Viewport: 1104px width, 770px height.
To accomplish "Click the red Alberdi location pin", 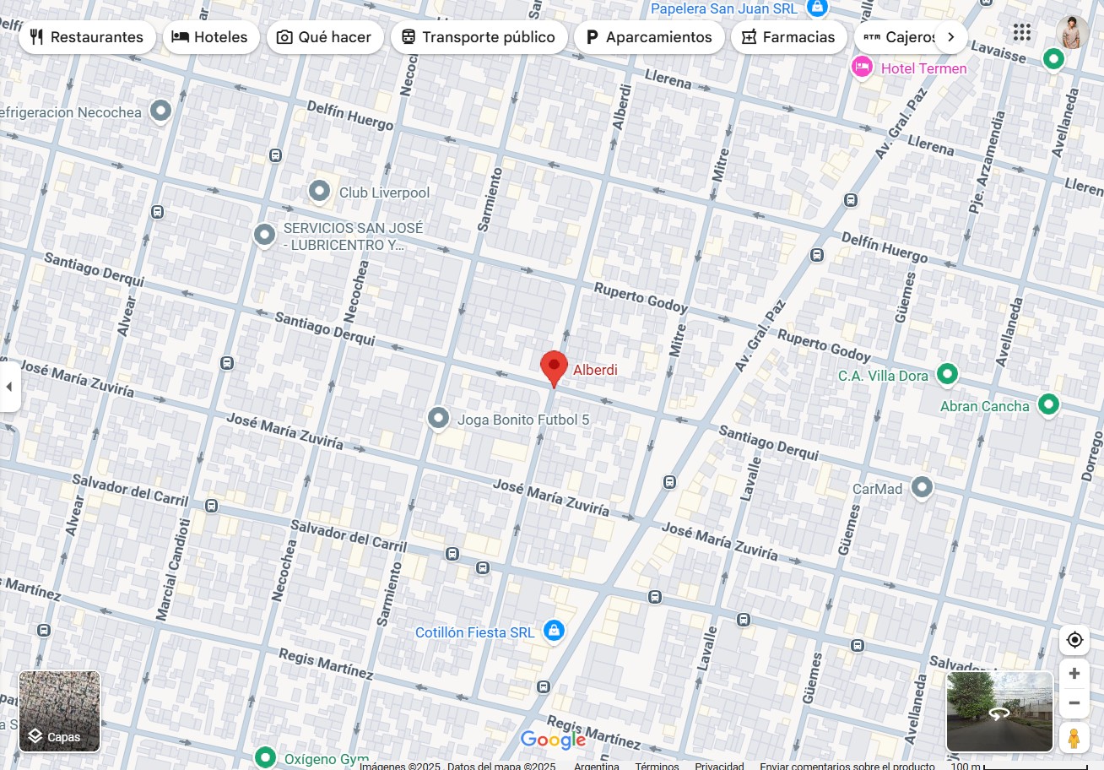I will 554,367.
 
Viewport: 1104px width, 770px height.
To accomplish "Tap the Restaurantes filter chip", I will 87,37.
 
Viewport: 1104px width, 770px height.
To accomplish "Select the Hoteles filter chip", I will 210,37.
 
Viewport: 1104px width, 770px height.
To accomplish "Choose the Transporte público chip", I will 479,37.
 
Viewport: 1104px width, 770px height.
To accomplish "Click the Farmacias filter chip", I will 788,37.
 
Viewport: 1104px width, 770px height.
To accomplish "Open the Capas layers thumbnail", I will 60,711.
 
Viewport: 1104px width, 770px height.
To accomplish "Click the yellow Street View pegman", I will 1074,738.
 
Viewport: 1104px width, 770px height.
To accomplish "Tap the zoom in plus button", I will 1074,674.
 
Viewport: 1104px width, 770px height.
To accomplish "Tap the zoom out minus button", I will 1074,702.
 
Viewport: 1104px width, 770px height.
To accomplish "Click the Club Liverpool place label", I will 384,192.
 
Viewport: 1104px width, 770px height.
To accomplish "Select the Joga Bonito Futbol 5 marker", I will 438,419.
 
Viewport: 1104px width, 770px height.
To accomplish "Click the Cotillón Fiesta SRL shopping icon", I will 554,631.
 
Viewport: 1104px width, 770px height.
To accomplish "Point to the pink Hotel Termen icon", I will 862,67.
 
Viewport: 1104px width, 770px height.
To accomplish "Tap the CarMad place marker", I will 923,487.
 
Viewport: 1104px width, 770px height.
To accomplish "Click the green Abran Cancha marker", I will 1048,404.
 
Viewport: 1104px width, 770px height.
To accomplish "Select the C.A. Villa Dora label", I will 883,376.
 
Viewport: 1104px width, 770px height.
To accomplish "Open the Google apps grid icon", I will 1022,33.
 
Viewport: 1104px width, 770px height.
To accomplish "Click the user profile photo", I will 1072,33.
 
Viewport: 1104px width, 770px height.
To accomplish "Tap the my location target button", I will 1074,640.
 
